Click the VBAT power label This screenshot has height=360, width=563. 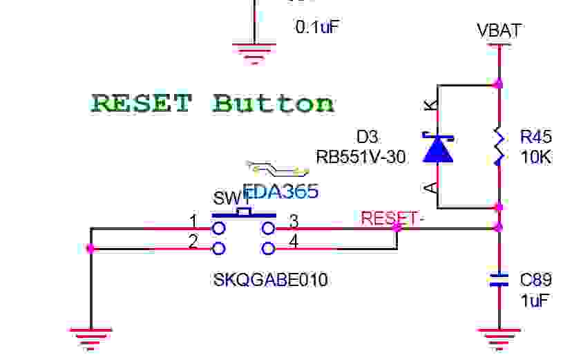point(499,30)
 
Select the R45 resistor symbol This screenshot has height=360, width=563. point(499,146)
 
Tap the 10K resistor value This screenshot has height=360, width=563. point(536,157)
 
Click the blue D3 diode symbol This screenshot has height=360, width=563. point(437,147)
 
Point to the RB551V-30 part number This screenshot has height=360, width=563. point(361,157)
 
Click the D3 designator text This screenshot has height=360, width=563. point(368,136)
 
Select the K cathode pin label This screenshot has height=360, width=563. point(430,106)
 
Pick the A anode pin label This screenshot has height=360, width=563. point(430,187)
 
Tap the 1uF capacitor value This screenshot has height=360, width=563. point(533,301)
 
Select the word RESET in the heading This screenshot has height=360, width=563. point(142,104)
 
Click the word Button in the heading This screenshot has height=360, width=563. point(274,104)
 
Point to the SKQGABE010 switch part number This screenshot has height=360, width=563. point(271,280)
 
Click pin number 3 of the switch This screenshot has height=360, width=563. point(294,221)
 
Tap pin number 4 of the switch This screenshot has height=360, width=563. point(294,242)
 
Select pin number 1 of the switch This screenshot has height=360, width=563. point(193,221)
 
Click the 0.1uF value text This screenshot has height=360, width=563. point(318,27)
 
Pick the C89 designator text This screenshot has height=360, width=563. point(536,280)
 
